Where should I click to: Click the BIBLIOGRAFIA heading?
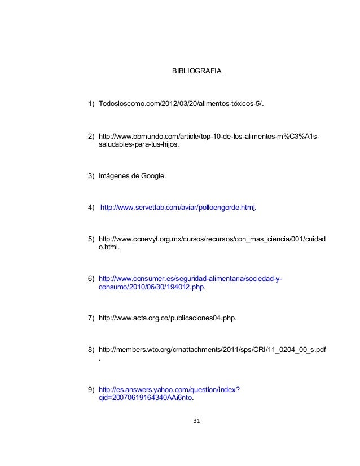196,72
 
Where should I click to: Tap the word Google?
152,177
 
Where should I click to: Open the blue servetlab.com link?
177,208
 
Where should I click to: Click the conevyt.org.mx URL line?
212,239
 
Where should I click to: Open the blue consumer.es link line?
191,279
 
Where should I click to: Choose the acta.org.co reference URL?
167,319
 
